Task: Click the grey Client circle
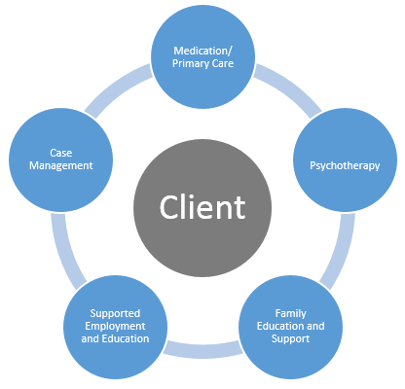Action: coord(202,207)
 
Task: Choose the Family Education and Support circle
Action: coord(291,326)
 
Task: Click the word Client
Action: coord(202,207)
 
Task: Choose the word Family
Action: coord(291,312)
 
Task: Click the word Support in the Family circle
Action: coord(291,339)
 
